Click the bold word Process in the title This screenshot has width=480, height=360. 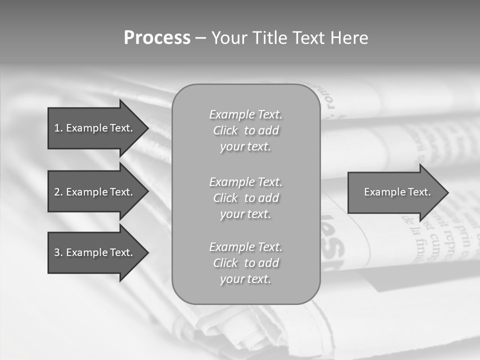[x=157, y=38]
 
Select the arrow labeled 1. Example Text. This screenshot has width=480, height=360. [x=95, y=128]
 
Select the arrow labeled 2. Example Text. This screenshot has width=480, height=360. [x=95, y=192]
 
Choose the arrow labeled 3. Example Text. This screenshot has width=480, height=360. [x=95, y=252]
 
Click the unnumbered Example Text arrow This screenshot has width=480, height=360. [x=395, y=192]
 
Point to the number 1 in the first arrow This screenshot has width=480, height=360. [x=57, y=128]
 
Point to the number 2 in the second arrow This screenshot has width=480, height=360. [x=57, y=192]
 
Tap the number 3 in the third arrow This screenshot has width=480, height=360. [x=57, y=252]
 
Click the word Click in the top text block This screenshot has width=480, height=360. [x=225, y=131]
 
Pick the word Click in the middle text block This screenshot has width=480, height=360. [x=225, y=198]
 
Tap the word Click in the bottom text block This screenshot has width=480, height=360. [x=225, y=263]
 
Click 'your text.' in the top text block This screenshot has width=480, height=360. [x=245, y=147]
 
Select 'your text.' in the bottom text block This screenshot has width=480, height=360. [x=245, y=279]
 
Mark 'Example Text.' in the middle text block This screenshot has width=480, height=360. [x=245, y=182]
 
